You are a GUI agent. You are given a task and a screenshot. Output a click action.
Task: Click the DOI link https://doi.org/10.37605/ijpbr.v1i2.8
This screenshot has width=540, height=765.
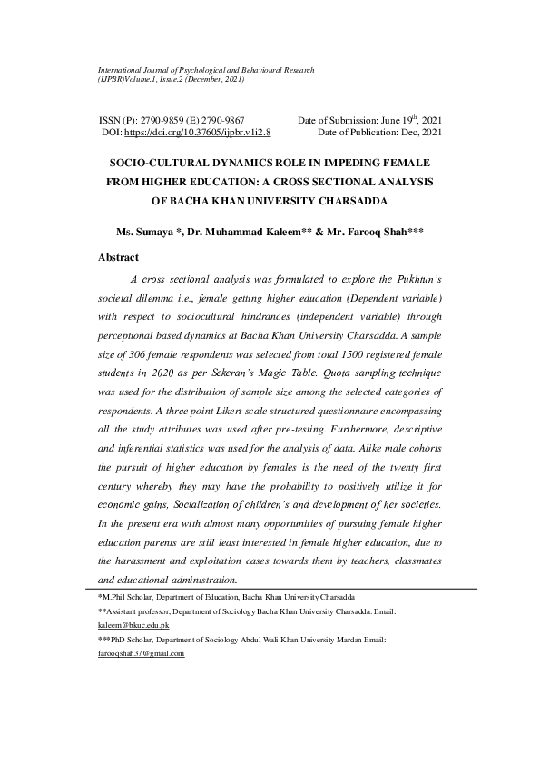[x=197, y=133]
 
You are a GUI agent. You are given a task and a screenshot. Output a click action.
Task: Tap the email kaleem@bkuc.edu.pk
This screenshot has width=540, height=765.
[x=133, y=626]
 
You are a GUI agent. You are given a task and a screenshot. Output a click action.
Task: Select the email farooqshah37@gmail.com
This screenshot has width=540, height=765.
[x=141, y=653]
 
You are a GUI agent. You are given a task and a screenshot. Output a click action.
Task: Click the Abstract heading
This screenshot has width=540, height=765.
[x=119, y=258]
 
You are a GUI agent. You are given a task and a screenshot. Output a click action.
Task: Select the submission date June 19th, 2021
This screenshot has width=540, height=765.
[x=410, y=120]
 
